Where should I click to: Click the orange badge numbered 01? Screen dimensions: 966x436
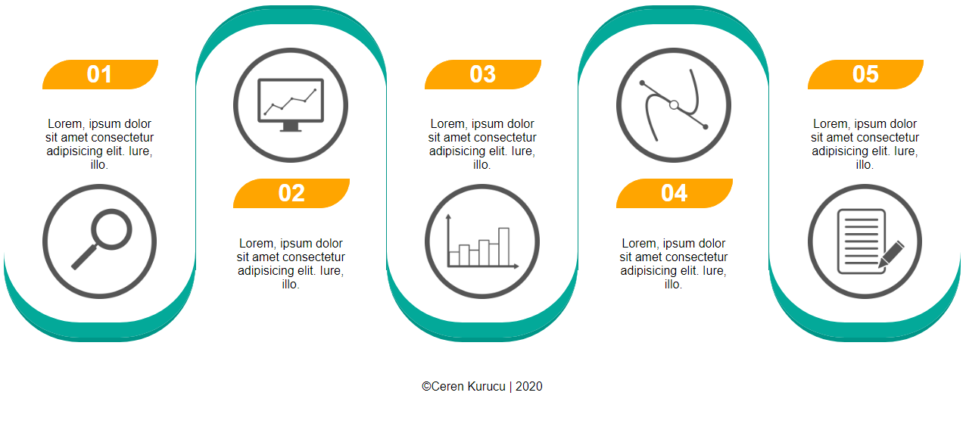[100, 75]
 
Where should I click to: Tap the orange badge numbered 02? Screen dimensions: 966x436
[291, 193]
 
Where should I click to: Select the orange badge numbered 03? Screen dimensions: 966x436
[482, 75]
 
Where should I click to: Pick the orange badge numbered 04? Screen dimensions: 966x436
[674, 193]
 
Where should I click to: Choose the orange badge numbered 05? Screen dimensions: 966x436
[865, 75]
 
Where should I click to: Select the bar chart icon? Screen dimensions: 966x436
[482, 241]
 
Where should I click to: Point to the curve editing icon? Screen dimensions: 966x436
[674, 105]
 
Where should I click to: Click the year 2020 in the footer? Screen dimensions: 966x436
[528, 386]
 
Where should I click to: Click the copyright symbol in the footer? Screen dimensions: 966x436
[426, 386]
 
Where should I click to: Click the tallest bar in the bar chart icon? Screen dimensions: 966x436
[503, 247]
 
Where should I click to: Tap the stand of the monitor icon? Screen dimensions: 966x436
[291, 127]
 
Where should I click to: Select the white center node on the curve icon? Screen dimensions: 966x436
[674, 104]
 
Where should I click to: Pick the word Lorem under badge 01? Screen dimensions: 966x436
[64, 124]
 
